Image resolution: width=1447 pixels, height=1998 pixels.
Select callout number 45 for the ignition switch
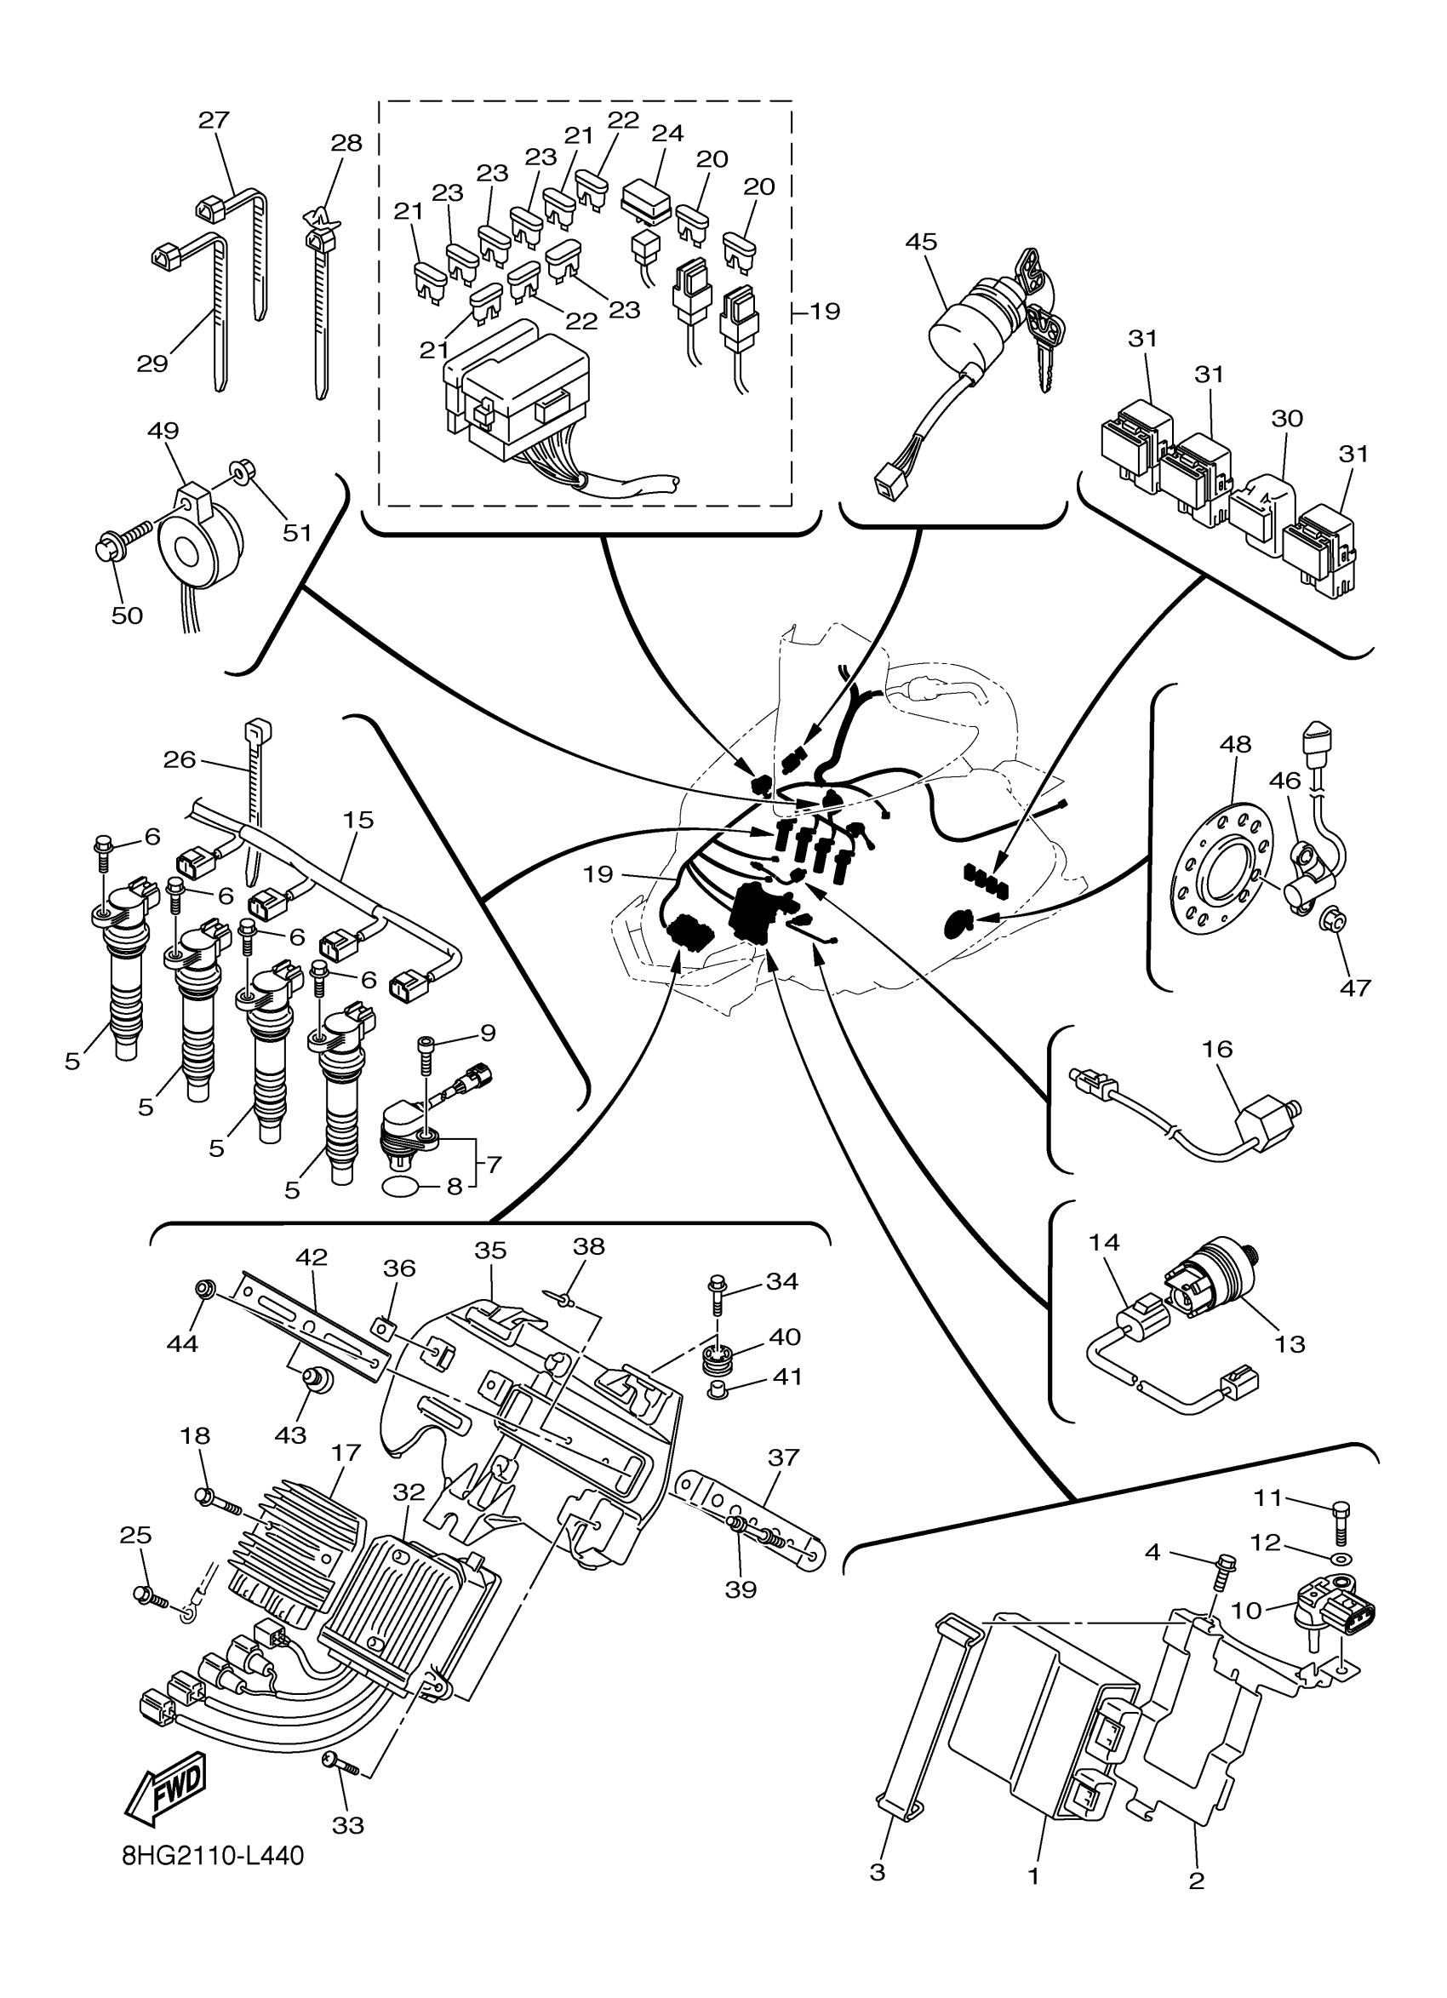(x=921, y=242)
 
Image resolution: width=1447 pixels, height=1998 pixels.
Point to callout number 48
(x=1235, y=744)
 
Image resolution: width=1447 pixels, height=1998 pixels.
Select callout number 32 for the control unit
(x=409, y=1491)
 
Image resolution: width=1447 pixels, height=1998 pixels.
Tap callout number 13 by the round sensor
(x=1290, y=1343)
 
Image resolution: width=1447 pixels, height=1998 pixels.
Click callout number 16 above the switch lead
(x=1217, y=1048)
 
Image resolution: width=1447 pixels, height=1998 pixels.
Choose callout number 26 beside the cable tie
(x=180, y=759)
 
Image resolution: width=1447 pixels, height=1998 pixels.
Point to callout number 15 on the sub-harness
(x=358, y=819)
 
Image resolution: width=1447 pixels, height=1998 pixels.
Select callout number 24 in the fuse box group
(x=667, y=133)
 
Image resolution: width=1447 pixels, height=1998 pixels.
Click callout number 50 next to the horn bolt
(x=127, y=615)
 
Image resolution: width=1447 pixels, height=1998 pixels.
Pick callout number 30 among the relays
(x=1288, y=419)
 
